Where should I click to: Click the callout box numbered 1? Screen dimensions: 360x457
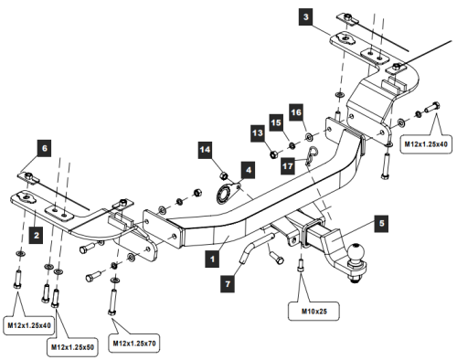pos(212,258)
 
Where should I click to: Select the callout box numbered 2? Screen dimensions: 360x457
pos(35,234)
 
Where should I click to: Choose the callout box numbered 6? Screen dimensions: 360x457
pos(45,146)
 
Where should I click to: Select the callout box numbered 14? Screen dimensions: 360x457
pos(205,149)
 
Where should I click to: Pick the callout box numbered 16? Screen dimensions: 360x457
pos(294,111)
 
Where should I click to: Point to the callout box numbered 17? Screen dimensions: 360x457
pos(288,165)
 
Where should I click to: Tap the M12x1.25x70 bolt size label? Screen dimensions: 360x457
pos(134,343)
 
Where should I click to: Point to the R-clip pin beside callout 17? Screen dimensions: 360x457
pos(312,158)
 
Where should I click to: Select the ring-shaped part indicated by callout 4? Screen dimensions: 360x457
pos(224,194)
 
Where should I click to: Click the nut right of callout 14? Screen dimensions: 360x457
pos(224,174)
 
